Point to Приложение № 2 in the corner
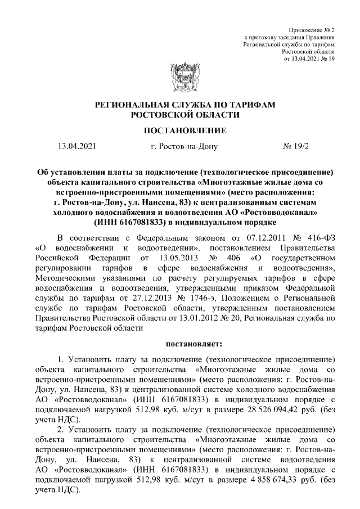coord(311,29)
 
